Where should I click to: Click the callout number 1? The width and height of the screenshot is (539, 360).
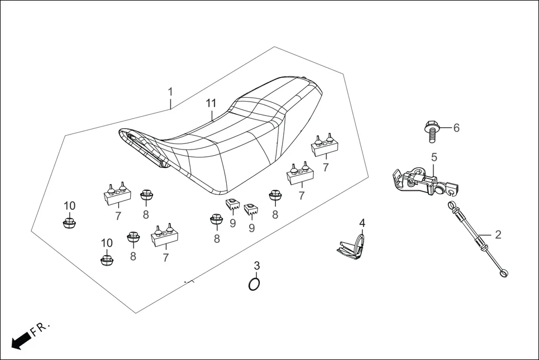pos(171,92)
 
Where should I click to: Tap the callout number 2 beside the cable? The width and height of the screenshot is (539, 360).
pos(498,234)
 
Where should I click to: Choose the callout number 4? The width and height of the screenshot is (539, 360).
pos(362,223)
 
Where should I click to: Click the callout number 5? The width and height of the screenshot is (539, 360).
pos(434,157)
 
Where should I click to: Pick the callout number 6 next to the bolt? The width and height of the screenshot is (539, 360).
pos(456,128)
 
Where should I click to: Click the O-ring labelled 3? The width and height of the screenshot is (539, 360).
pos(254,284)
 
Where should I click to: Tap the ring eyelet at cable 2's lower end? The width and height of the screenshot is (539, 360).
pos(504,273)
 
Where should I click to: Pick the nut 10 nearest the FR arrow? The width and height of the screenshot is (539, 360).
pos(107,260)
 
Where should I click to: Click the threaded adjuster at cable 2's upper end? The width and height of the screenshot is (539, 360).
pos(452,210)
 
